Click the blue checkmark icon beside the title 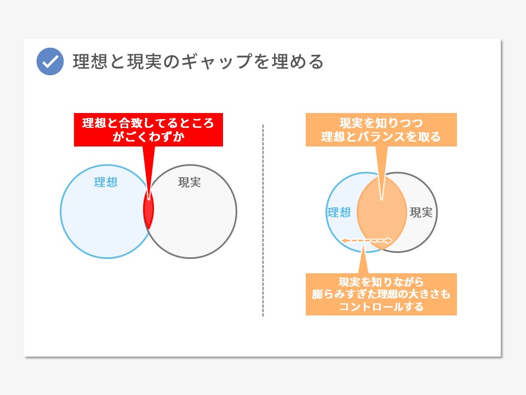point(50,61)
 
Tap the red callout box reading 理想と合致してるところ point(148,129)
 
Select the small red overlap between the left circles point(148,210)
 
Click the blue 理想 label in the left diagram point(106,182)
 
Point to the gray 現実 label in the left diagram point(190,182)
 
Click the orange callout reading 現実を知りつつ point(381,129)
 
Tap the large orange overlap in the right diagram point(382,212)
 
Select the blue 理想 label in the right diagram point(339,212)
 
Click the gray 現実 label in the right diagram point(421,212)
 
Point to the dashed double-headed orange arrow point(367,240)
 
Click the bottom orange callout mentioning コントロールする point(381,294)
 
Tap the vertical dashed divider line point(263,221)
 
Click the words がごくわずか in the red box point(148,137)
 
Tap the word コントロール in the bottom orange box point(371,307)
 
